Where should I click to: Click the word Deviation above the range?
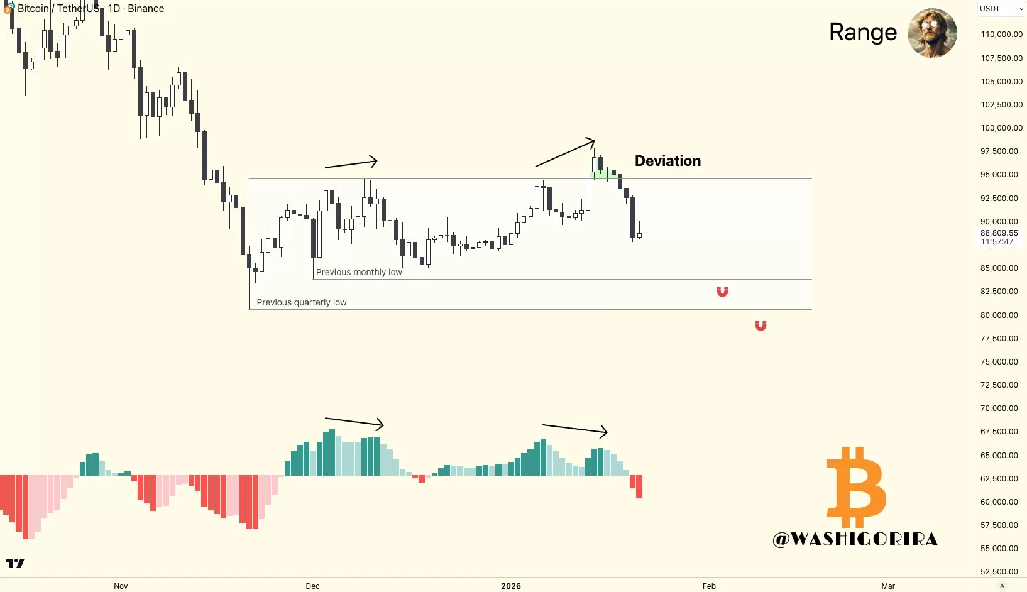[x=667, y=161]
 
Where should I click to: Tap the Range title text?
[x=863, y=32]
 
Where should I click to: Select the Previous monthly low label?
[x=359, y=272]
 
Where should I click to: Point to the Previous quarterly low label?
[x=302, y=302]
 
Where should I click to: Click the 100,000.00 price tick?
[x=1001, y=128]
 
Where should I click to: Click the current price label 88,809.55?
[x=999, y=233]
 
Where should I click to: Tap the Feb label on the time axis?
[x=709, y=586]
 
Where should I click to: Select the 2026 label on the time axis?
[x=511, y=586]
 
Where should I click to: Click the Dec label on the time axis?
[x=312, y=586]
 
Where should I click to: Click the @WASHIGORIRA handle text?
[x=855, y=539]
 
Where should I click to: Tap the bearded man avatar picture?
[x=932, y=33]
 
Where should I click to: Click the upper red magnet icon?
[x=722, y=292]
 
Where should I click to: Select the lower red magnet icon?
[x=761, y=326]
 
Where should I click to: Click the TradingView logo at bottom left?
[x=15, y=563]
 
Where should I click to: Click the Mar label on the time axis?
[x=887, y=586]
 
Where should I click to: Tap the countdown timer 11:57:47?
[x=997, y=242]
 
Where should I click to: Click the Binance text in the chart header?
[x=146, y=9]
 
